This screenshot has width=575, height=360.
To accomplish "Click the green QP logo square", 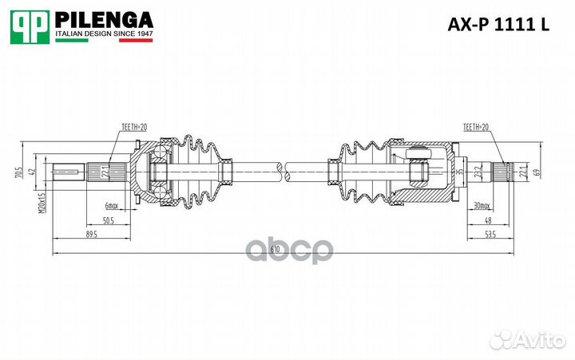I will click(x=29, y=27).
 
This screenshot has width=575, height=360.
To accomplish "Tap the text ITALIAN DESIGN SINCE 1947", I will click(x=103, y=35).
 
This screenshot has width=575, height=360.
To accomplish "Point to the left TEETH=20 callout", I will click(x=135, y=127).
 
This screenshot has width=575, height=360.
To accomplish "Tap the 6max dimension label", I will click(x=111, y=207).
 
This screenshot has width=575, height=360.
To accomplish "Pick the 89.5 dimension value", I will click(x=90, y=235).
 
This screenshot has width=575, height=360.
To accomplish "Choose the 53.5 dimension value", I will click(x=489, y=235).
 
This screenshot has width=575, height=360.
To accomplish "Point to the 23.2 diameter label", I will click(x=478, y=171).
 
